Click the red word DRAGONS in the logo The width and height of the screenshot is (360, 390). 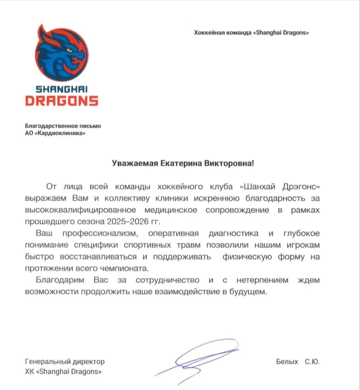[x=61, y=100]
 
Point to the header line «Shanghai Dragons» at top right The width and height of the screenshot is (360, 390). [x=280, y=33]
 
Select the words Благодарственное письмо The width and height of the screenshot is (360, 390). [x=62, y=126]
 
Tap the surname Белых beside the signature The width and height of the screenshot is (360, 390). [x=287, y=362]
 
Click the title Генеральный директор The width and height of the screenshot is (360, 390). [x=65, y=362]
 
